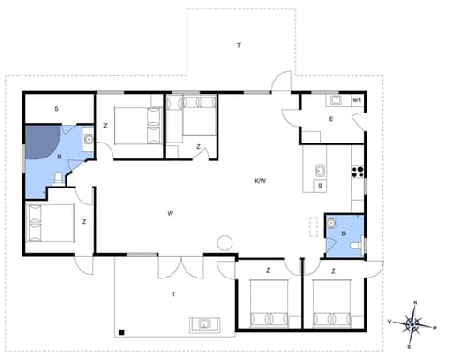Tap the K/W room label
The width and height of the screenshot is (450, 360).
pos(261,180)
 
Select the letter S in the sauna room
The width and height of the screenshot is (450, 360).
pos(56,110)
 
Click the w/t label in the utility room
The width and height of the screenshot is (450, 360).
pos(357,100)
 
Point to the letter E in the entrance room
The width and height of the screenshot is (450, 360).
pos(331,119)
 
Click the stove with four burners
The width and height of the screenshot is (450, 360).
pos(357,171)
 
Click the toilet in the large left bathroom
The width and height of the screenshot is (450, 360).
pos(58,178)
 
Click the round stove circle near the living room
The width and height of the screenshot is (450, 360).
pos(225,243)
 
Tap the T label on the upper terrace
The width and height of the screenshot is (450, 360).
pos(238,45)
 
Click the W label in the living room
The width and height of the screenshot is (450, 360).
pos(171,214)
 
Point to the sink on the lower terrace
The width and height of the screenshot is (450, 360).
pos(203,325)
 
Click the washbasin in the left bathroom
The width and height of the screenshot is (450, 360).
pos(86,142)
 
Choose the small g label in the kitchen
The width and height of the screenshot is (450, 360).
pos(321,186)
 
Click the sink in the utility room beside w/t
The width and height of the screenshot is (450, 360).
pos(335,99)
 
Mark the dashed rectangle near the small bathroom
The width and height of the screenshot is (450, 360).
pos(314,226)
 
